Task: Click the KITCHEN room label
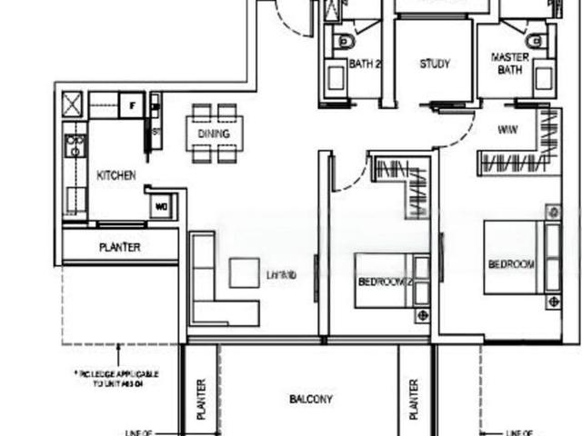(x=117, y=175)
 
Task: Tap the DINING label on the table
(x=214, y=134)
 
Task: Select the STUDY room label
(x=435, y=64)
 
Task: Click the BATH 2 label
(x=366, y=64)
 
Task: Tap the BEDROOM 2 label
(x=386, y=283)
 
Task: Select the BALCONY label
(x=311, y=399)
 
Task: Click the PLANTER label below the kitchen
(x=120, y=247)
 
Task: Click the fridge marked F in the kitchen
(x=133, y=104)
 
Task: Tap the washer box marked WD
(x=164, y=206)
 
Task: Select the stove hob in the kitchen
(x=75, y=145)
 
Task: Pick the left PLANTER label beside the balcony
(x=202, y=399)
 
